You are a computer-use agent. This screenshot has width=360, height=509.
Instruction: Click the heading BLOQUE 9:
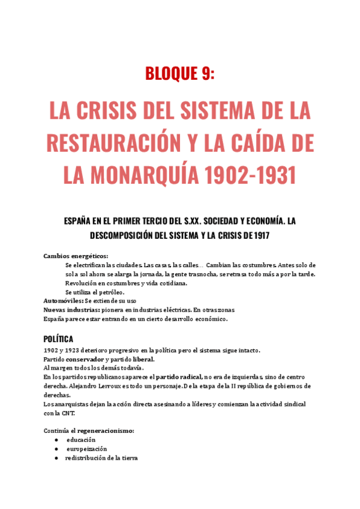179,73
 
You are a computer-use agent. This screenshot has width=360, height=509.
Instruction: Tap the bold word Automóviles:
64,300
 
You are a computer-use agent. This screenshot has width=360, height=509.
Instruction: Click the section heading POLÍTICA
59,339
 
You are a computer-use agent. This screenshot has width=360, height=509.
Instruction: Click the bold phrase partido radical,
178,376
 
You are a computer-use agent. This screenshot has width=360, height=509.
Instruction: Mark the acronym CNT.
68,413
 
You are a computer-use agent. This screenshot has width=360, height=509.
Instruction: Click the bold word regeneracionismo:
107,431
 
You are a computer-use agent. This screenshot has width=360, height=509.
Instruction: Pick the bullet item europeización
87,448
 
